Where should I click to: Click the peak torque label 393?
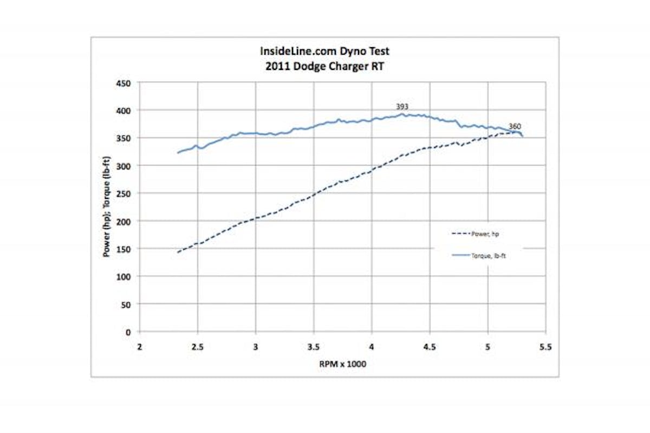pyautogui.click(x=402, y=107)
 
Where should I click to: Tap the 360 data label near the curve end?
pyautogui.click(x=515, y=126)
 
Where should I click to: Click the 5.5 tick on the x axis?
pyautogui.click(x=545, y=347)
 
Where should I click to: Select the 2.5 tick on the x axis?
pyautogui.click(x=198, y=347)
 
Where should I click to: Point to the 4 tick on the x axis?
pyautogui.click(x=372, y=347)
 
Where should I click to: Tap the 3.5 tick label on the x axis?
pyautogui.click(x=314, y=347)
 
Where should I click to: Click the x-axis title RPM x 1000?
pyautogui.click(x=342, y=364)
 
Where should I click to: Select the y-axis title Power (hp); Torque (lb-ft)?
pyautogui.click(x=107, y=207)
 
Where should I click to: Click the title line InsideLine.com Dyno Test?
pyautogui.click(x=324, y=51)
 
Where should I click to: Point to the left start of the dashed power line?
pyautogui.click(x=178, y=252)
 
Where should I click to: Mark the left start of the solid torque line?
pyautogui.click(x=178, y=153)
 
